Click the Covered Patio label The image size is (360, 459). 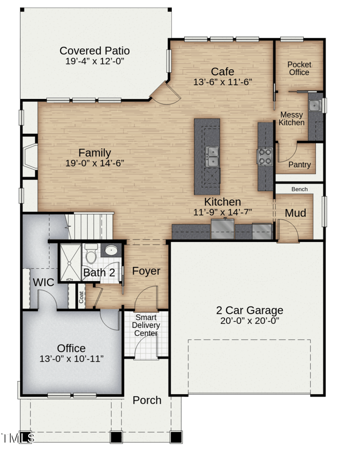click(94, 51)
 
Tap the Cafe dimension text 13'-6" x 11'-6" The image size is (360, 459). click(222, 82)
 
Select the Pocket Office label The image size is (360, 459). click(299, 68)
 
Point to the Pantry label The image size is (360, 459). click(299, 165)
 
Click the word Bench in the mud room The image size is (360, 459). click(299, 189)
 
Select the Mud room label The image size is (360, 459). click(295, 213)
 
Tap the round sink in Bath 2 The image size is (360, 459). click(111, 250)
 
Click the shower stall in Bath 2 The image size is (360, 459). click(70, 262)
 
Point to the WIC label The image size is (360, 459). click(43, 283)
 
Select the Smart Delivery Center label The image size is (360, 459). click(146, 325)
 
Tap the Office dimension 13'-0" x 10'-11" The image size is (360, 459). click(72, 359)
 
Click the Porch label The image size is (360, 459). click(147, 400)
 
